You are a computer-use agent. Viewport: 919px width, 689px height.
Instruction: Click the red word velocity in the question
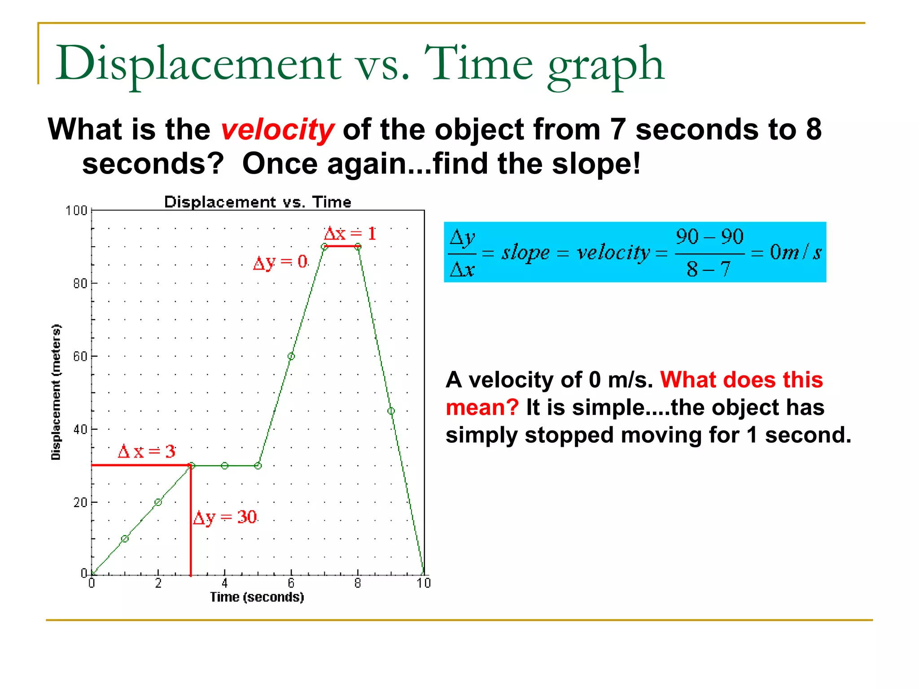[277, 130]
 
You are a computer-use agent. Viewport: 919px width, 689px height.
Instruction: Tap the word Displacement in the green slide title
[198, 64]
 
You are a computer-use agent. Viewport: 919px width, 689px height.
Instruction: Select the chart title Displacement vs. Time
[258, 202]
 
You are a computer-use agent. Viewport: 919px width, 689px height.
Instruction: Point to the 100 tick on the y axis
[76, 210]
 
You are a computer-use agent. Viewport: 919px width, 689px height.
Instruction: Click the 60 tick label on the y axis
[80, 357]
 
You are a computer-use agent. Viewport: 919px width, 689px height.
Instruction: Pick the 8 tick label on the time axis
[358, 583]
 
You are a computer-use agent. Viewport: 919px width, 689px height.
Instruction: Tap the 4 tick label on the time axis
[224, 583]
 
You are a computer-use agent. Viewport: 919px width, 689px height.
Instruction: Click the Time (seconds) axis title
[257, 597]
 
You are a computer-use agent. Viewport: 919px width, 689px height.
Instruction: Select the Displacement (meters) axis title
[56, 392]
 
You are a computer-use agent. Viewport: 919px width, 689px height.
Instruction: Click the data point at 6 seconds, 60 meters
[291, 356]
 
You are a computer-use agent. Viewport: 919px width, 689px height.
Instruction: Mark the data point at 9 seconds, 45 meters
[391, 411]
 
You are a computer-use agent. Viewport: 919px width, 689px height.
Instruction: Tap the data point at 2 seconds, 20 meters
[158, 502]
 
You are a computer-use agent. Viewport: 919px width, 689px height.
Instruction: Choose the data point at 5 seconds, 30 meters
[258, 466]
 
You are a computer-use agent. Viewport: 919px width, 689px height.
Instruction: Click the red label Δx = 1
[350, 233]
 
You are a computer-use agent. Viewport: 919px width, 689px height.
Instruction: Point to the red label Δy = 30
[225, 517]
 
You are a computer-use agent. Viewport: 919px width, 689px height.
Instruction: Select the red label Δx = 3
[146, 451]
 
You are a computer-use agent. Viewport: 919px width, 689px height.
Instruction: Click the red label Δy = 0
[280, 262]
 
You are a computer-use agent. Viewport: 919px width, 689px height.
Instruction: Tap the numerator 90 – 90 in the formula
[709, 236]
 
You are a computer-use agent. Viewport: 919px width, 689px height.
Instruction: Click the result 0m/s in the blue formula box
[795, 252]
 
